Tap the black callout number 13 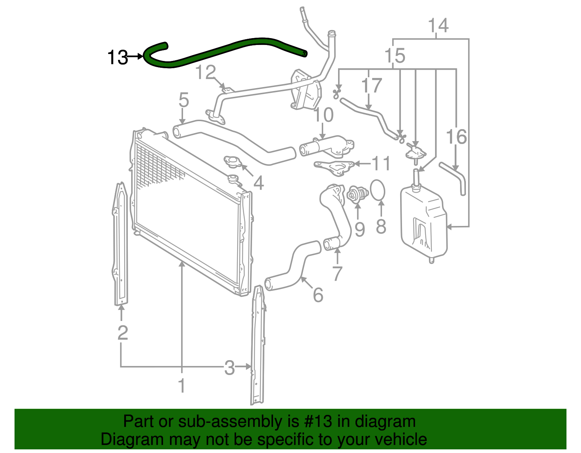[x=118, y=57]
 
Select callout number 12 [x=206, y=73]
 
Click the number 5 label [x=184, y=100]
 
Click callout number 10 [x=323, y=115]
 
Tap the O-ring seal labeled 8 [x=378, y=190]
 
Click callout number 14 [x=438, y=26]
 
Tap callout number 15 [x=395, y=56]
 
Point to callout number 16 [x=456, y=137]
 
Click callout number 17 [x=371, y=86]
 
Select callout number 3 [x=229, y=367]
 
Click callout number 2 [x=123, y=333]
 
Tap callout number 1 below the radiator [x=182, y=386]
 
